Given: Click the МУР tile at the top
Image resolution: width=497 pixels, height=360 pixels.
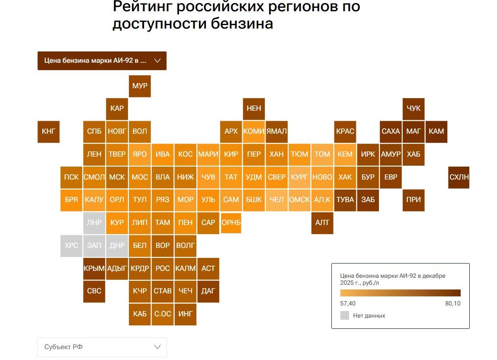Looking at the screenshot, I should [140, 86].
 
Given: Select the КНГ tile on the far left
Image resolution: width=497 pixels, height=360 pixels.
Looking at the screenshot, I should [48, 132].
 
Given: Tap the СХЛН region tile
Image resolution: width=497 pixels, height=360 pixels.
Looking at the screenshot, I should [459, 177].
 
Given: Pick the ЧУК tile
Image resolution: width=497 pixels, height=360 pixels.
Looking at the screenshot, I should [414, 108].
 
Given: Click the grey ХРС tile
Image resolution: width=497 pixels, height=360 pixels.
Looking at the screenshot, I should [71, 245].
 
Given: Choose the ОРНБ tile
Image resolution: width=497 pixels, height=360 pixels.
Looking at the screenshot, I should [231, 222].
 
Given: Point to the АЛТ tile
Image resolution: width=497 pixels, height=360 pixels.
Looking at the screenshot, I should [322, 222].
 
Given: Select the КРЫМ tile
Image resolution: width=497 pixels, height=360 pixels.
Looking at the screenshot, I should [94, 268].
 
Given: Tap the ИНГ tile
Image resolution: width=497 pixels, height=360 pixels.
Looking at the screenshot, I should [186, 314].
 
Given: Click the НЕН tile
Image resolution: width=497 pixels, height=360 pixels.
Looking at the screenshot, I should [254, 108].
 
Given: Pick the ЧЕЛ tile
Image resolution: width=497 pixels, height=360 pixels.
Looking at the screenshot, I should [277, 199].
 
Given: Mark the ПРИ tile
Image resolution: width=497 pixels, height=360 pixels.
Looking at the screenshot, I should [414, 199].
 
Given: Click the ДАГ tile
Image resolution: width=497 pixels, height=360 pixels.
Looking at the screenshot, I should [208, 291].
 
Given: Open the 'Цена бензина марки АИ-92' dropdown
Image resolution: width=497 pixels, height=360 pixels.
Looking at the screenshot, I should [102, 61].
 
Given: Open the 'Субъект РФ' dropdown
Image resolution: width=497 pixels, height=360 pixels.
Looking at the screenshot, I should [102, 347].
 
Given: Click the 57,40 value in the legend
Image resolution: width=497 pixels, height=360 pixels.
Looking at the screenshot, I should [348, 304].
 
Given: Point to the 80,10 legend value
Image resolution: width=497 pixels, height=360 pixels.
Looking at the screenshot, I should [452, 304].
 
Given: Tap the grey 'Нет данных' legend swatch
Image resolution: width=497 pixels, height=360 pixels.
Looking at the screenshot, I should [345, 315].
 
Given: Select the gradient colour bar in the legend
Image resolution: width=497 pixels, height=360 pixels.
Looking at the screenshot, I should [400, 292].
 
